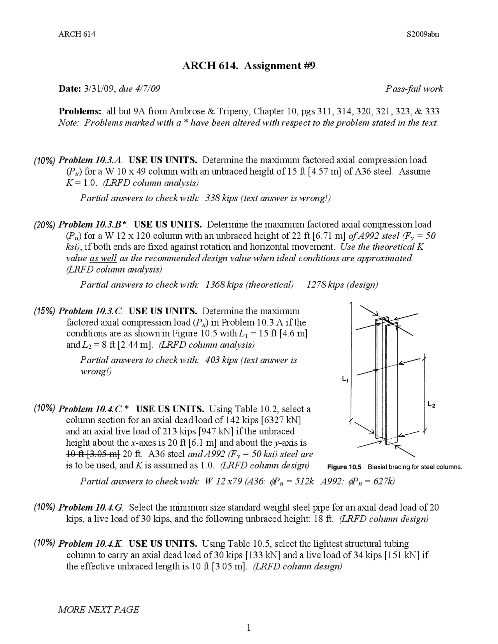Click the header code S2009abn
(x=423, y=34)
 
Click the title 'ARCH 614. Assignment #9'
(x=249, y=65)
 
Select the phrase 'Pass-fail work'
(x=414, y=89)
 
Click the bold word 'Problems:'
(x=80, y=111)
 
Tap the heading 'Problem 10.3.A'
(x=90, y=160)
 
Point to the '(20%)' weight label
(x=45, y=225)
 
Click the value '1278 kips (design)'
(x=342, y=285)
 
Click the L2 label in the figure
(x=431, y=405)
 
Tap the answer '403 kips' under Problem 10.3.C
(x=221, y=360)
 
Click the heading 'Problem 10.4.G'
(x=91, y=507)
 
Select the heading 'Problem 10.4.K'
(x=91, y=544)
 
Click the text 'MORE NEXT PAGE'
(x=98, y=609)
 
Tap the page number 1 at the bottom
(x=248, y=627)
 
